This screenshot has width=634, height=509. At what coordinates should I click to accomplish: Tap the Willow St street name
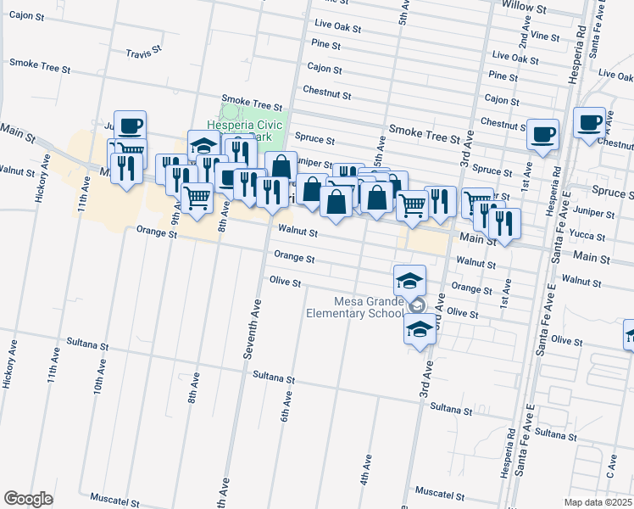click(524, 7)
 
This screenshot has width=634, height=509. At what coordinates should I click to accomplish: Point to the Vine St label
click(545, 37)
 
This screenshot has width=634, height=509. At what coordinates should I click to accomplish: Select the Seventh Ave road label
click(250, 329)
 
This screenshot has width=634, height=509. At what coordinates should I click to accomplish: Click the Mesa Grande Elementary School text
click(355, 307)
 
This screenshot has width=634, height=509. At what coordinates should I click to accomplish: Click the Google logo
click(28, 499)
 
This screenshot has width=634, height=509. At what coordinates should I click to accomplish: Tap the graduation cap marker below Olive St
click(419, 328)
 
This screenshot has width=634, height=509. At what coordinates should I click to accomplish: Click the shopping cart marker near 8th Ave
click(197, 199)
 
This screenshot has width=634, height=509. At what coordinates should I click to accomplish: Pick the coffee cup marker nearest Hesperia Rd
click(588, 122)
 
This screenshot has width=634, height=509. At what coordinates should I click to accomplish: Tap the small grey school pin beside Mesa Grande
click(416, 305)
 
